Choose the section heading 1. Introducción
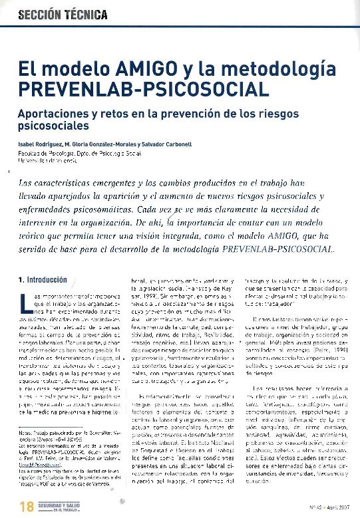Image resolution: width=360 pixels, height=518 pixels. click(43, 280)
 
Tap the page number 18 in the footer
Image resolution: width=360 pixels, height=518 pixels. click(26, 506)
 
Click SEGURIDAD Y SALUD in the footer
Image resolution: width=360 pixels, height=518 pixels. click(61, 503)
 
